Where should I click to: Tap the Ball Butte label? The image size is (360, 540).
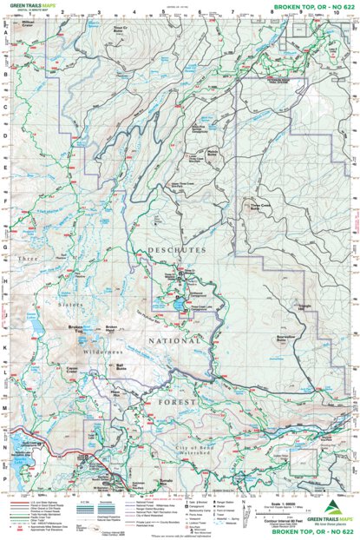[x=121, y=366]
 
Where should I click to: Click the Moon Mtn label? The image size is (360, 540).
[x=119, y=392]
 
